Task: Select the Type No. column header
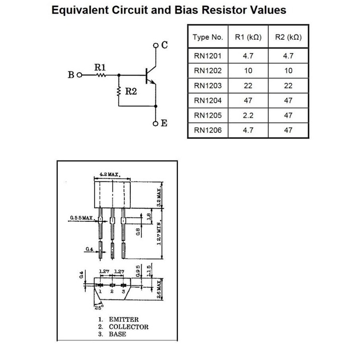pyautogui.click(x=208, y=38)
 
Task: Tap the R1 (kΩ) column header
pyautogui.click(x=248, y=38)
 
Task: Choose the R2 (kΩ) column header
pyautogui.click(x=289, y=38)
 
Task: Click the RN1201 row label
pyautogui.click(x=208, y=56)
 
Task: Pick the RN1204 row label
pyautogui.click(x=208, y=100)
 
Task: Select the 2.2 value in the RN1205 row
pyautogui.click(x=248, y=115)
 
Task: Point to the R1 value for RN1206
pyautogui.click(x=248, y=130)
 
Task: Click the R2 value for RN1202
pyautogui.click(x=289, y=70)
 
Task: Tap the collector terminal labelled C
pyautogui.click(x=164, y=45)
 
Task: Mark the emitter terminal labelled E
pyautogui.click(x=164, y=123)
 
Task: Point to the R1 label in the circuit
pyautogui.click(x=100, y=67)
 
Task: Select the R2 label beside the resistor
pyautogui.click(x=131, y=91)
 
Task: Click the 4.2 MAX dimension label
pyautogui.click(x=111, y=174)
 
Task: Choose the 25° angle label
pyautogui.click(x=98, y=306)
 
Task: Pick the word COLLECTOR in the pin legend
pyautogui.click(x=129, y=327)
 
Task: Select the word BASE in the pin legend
pyautogui.click(x=118, y=334)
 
